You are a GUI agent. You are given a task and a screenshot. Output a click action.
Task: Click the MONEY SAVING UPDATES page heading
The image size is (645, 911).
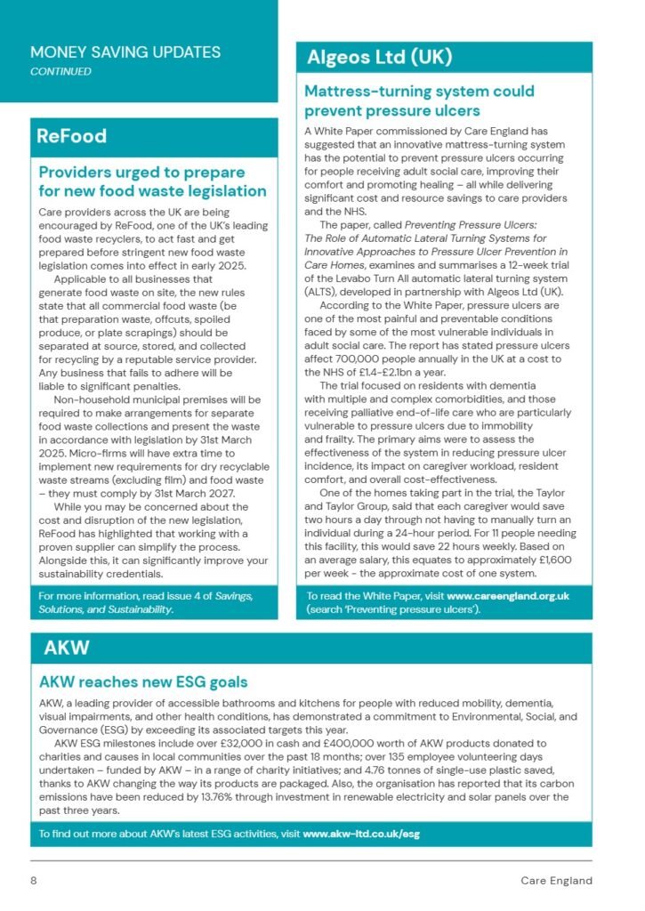point(125,52)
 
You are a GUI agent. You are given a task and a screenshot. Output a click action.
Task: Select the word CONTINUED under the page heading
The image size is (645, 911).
point(60,71)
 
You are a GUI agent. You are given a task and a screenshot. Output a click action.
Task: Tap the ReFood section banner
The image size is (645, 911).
point(72,136)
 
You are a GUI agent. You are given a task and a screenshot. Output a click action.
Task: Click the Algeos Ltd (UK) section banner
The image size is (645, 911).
point(379,58)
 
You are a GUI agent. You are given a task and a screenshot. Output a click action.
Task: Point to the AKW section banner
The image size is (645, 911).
point(67,648)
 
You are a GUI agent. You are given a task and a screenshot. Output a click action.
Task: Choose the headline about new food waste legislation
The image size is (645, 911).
point(152,181)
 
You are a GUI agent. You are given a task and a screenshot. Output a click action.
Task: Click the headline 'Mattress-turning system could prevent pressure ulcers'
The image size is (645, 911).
point(419,101)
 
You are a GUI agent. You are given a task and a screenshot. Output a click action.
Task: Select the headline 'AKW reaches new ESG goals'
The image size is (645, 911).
point(143,682)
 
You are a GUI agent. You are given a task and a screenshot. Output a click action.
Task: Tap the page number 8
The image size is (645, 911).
point(34,881)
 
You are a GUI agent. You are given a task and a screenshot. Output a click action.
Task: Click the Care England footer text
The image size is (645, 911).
point(556,881)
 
